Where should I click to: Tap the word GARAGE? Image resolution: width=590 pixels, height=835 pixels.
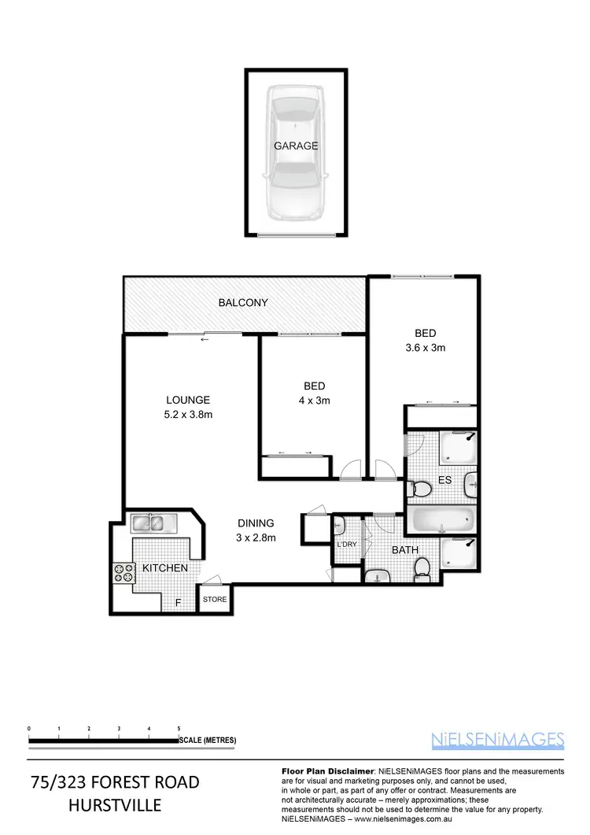[296, 146]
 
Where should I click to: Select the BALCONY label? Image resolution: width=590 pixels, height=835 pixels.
[243, 302]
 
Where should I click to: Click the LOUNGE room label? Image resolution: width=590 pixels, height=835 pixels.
[187, 400]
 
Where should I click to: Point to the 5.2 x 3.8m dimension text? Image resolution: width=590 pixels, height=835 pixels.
[187, 414]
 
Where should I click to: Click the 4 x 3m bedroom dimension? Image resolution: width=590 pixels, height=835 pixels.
[314, 400]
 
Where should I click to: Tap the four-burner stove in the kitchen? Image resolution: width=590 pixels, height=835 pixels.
[124, 571]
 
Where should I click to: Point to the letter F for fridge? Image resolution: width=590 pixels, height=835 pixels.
[178, 601]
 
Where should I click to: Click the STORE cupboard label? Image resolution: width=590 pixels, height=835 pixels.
[215, 600]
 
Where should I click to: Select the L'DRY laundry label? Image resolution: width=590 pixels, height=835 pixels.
[347, 545]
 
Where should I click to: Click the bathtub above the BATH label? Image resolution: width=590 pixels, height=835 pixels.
[441, 520]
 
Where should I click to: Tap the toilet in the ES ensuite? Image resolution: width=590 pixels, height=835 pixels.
[422, 490]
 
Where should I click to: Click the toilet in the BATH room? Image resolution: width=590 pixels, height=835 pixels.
[422, 567]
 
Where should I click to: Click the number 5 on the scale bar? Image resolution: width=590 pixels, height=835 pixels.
[179, 728]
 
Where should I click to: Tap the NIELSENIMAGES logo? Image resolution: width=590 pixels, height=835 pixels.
[498, 738]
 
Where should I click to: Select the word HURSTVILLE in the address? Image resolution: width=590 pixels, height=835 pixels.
[115, 806]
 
